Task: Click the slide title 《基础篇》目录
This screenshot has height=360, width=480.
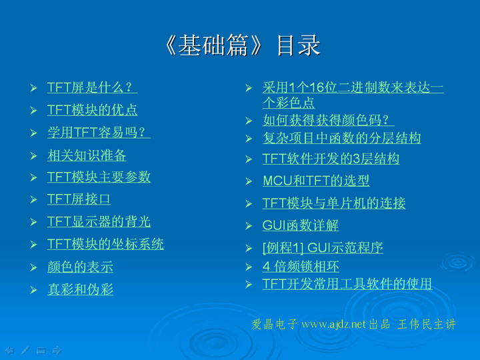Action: pos(243,45)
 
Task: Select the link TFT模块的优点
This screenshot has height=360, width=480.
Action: pos(93,109)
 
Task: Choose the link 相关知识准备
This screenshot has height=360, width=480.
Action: pos(87,155)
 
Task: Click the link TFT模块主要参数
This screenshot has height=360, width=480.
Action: pos(99,177)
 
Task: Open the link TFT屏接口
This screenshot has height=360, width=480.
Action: pos(79,199)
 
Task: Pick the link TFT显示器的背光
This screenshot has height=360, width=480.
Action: pos(99,221)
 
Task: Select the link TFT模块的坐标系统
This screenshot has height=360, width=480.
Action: pos(105,244)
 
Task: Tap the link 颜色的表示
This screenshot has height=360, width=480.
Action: pos(81,267)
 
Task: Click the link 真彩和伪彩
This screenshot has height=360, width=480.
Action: pos(81,289)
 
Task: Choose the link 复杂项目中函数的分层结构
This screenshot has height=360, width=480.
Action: pos(342,138)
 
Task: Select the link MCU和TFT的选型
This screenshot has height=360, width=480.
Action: pos(316,181)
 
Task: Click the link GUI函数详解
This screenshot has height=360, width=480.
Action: pos(301,225)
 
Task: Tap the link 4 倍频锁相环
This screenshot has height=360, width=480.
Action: pos(301,266)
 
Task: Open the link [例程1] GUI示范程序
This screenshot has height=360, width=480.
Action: pos(323,247)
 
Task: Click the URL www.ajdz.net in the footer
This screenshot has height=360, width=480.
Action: pos(333,324)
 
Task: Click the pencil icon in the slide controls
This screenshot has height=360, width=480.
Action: pos(25,350)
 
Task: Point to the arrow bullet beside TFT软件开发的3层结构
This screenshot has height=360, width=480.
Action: pos(249,159)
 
